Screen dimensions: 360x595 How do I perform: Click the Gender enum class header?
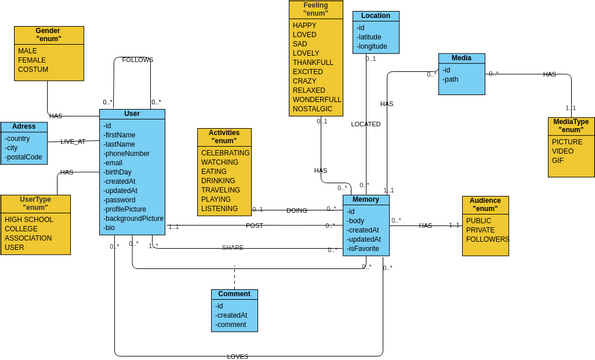pyautogui.click(x=48, y=36)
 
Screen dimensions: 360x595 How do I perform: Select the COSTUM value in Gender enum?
pyautogui.click(x=34, y=69)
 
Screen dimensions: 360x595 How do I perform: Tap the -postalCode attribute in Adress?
pyautogui.click(x=25, y=157)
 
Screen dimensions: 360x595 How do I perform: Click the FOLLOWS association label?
pyautogui.click(x=137, y=60)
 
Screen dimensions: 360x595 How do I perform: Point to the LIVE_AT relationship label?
pyautogui.click(x=73, y=141)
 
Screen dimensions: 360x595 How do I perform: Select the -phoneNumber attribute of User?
pyautogui.click(x=126, y=153)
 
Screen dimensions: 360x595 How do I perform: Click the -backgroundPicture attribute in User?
pyautogui.click(x=133, y=218)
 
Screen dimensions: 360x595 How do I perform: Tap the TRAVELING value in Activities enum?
pyautogui.click(x=221, y=189)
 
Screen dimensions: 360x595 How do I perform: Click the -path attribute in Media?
pyautogui.click(x=452, y=79)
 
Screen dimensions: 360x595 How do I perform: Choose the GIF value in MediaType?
pyautogui.click(x=558, y=160)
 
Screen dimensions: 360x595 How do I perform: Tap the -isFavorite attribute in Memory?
pyautogui.click(x=365, y=249)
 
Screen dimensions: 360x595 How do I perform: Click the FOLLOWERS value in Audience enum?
pyautogui.click(x=488, y=239)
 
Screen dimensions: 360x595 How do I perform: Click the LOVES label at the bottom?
pyautogui.click(x=237, y=356)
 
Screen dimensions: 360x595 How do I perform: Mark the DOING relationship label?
pyautogui.click(x=297, y=211)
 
